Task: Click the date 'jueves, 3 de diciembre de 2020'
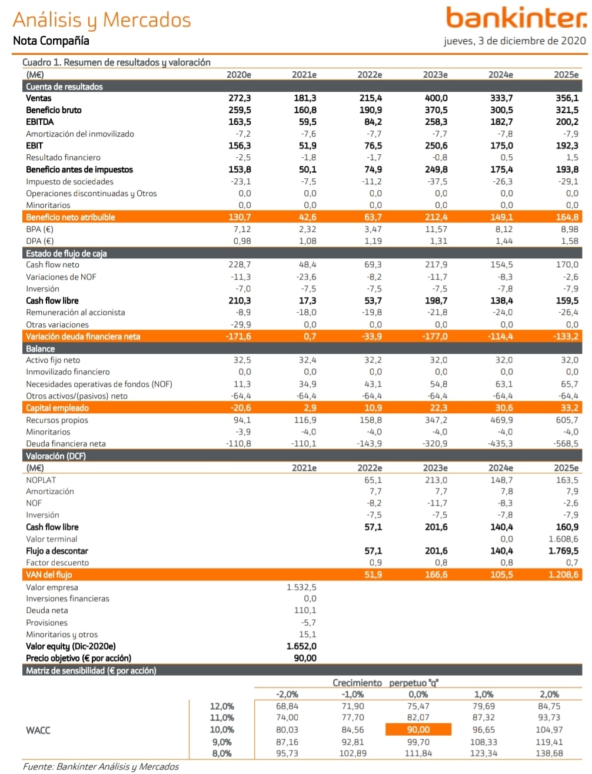(515, 41)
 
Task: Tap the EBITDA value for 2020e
(240, 122)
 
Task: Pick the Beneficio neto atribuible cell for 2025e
(567, 217)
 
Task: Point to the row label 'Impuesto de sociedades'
(69, 181)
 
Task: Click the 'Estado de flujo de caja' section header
(66, 253)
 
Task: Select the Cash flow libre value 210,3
(240, 301)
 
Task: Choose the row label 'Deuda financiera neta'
(66, 444)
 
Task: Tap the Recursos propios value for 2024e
(501, 420)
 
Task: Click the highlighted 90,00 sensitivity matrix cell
(418, 730)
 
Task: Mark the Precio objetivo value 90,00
(305, 658)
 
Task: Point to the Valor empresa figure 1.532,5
(301, 587)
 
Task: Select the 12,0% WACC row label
(222, 706)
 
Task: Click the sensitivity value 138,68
(550, 753)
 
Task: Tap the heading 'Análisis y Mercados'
(102, 19)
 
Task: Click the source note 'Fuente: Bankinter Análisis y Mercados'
(100, 766)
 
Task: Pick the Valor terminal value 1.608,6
(563, 539)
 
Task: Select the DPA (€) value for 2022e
(373, 241)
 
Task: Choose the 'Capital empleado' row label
(57, 408)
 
